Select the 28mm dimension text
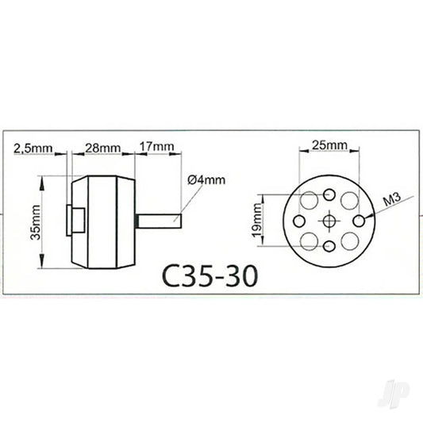[x=102, y=148]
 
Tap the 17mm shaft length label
[x=156, y=148]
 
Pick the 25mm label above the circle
[x=329, y=145]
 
